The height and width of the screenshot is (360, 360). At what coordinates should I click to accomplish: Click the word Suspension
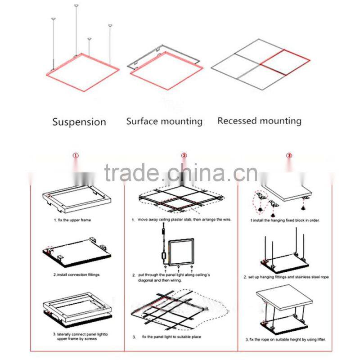(x=79, y=121)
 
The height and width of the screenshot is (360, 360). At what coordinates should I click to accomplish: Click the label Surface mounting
(x=164, y=121)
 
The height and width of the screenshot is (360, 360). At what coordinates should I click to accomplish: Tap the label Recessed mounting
(x=259, y=121)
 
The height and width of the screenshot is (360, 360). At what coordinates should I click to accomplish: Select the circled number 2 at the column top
(x=184, y=156)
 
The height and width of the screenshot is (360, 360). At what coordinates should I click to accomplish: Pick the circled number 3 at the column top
(x=289, y=156)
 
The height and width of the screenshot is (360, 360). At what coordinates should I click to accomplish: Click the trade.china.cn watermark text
(x=180, y=172)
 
